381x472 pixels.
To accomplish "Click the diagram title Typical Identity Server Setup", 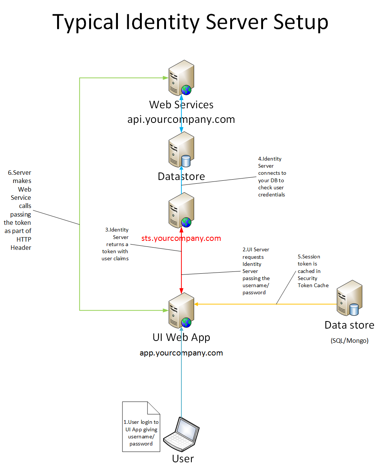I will coord(190,22).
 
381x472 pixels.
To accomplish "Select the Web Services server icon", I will coord(181,78).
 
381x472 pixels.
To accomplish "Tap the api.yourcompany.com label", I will coord(181,119).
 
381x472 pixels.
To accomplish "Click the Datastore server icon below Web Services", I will coord(181,149).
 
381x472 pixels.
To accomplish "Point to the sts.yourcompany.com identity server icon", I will coord(181,210).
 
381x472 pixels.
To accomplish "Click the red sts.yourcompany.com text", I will coord(181,238).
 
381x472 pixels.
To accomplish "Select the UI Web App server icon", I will coord(181,310).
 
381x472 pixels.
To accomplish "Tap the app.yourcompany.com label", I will coord(181,353).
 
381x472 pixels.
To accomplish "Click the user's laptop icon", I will coord(182,434).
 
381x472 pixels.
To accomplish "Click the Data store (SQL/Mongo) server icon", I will coord(349,298).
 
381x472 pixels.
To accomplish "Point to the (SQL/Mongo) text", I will coord(349,341).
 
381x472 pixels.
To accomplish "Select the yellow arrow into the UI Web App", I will coord(261,304).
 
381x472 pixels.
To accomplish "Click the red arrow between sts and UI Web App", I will coord(181,261).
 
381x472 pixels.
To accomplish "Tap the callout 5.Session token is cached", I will coord(313,271).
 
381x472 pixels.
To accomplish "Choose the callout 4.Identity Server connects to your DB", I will coord(272,177).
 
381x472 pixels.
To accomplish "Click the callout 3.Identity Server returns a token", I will coord(116,244).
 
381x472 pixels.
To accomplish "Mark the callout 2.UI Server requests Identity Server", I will coord(256,271).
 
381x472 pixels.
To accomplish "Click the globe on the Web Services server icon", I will coord(186,90).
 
